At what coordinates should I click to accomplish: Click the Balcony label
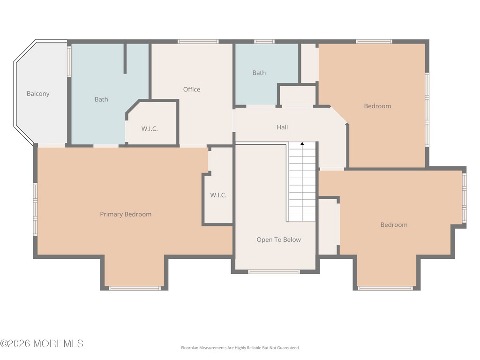pyautogui.click(x=38, y=94)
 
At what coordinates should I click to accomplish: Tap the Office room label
pyautogui.click(x=192, y=90)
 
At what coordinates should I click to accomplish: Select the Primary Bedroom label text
pyautogui.click(x=126, y=214)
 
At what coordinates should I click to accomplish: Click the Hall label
pyautogui.click(x=282, y=127)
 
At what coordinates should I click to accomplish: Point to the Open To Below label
pyautogui.click(x=278, y=240)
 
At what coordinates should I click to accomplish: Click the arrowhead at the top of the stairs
pyautogui.click(x=302, y=143)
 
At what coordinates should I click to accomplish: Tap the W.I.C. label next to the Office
pyautogui.click(x=150, y=129)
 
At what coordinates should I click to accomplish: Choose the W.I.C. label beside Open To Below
pyautogui.click(x=218, y=195)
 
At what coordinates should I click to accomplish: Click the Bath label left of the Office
pyautogui.click(x=101, y=99)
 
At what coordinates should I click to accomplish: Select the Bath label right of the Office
pyautogui.click(x=259, y=73)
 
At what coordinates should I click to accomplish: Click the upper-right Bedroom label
pyautogui.click(x=377, y=106)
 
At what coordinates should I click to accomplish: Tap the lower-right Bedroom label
pyautogui.click(x=394, y=225)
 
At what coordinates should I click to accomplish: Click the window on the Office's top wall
pyautogui.click(x=198, y=42)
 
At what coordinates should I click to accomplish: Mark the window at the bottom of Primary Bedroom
pyautogui.click(x=135, y=288)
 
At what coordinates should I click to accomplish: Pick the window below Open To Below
pyautogui.click(x=274, y=271)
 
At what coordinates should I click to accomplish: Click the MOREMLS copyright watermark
pyautogui.click(x=42, y=344)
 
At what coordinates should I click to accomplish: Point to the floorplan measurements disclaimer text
pyautogui.click(x=240, y=348)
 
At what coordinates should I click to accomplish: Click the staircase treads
pyautogui.click(x=302, y=181)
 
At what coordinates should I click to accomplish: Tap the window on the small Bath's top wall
pyautogui.click(x=264, y=42)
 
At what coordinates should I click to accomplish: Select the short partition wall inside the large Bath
pyautogui.click(x=125, y=59)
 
